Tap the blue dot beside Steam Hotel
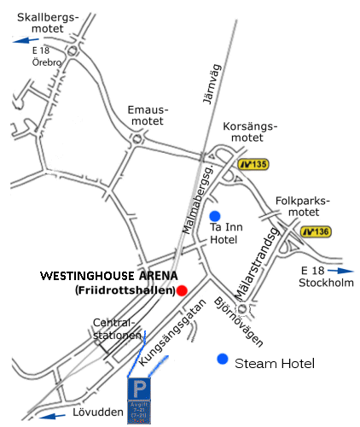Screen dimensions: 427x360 (224, 360)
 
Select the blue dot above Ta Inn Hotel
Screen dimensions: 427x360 (215, 215)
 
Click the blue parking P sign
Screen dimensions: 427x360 (138, 390)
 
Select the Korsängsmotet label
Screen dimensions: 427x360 (249, 132)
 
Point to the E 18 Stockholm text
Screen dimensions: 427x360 (327, 278)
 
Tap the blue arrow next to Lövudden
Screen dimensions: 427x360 (54, 417)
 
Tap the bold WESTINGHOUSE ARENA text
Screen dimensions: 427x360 (109, 277)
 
